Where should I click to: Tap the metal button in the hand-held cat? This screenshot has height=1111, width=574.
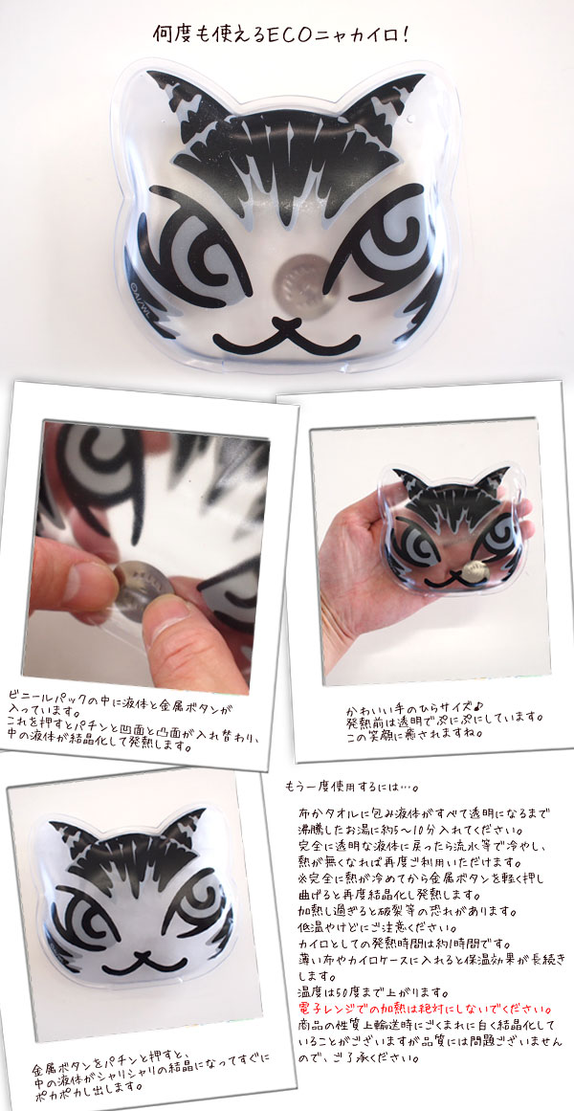tap(473, 566)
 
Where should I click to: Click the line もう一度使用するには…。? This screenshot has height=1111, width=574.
tap(351, 788)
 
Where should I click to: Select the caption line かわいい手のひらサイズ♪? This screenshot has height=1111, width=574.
tap(415, 705)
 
